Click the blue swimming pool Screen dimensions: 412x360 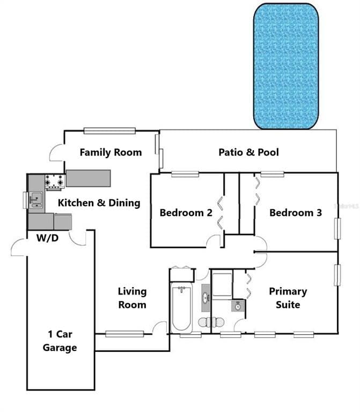tap(286, 67)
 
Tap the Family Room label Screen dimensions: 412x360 tap(111, 152)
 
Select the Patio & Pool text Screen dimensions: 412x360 tap(248, 152)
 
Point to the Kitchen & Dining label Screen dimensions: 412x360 tap(99, 203)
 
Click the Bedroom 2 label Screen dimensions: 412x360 tap(186, 212)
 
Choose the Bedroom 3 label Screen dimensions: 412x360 tap(295, 212)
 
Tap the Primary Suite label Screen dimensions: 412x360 tap(288, 298)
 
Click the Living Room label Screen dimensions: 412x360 tap(132, 298)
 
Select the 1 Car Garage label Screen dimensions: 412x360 tap(59, 341)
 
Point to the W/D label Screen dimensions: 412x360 tap(48, 238)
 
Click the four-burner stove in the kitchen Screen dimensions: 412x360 tap(55, 182)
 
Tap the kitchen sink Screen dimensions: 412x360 tap(36, 200)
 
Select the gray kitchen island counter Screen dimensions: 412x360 tap(88, 178)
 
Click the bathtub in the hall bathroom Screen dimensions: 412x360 tap(181, 308)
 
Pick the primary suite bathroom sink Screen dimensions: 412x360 tap(237, 306)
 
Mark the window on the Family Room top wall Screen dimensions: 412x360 tap(109, 130)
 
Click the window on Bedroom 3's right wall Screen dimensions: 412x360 tap(337, 229)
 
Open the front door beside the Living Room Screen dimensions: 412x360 tap(159, 328)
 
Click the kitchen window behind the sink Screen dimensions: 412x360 tap(25, 200)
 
